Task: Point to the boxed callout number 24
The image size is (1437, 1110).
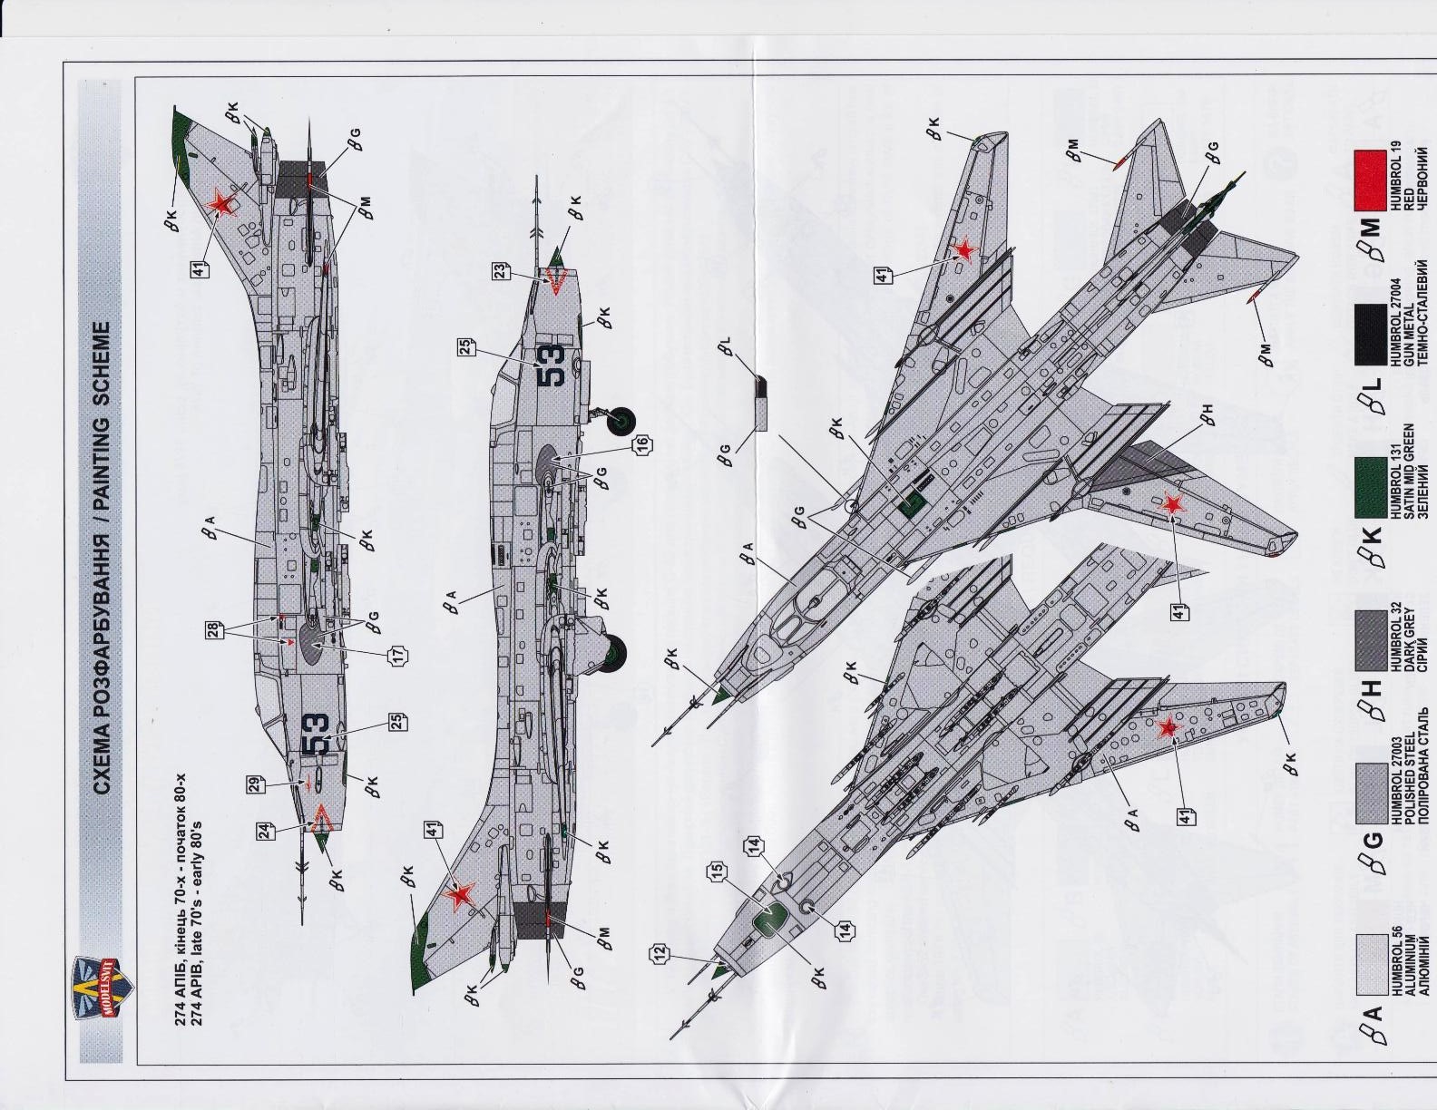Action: [x=263, y=830]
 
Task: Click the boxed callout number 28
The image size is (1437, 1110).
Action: [x=213, y=628]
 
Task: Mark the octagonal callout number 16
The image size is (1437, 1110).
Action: [x=642, y=444]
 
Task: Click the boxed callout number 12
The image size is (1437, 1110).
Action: [x=658, y=953]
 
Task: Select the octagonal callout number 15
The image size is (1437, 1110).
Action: [x=717, y=872]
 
